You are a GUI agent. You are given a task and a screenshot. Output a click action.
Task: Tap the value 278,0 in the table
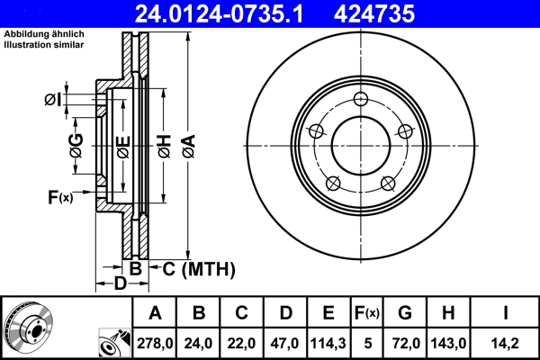point(155,342)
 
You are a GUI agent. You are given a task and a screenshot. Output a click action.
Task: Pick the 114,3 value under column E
point(329,342)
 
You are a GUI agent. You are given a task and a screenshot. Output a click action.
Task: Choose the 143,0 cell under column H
point(449,342)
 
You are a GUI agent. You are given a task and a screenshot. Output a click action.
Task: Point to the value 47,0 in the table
point(284,342)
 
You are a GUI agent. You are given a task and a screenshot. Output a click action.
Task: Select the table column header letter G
point(405,313)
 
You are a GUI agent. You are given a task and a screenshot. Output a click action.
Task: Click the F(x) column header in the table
point(367,313)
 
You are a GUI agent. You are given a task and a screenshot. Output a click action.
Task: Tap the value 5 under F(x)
point(367,342)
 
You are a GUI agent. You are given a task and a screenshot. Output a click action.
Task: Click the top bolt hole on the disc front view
point(361,99)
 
